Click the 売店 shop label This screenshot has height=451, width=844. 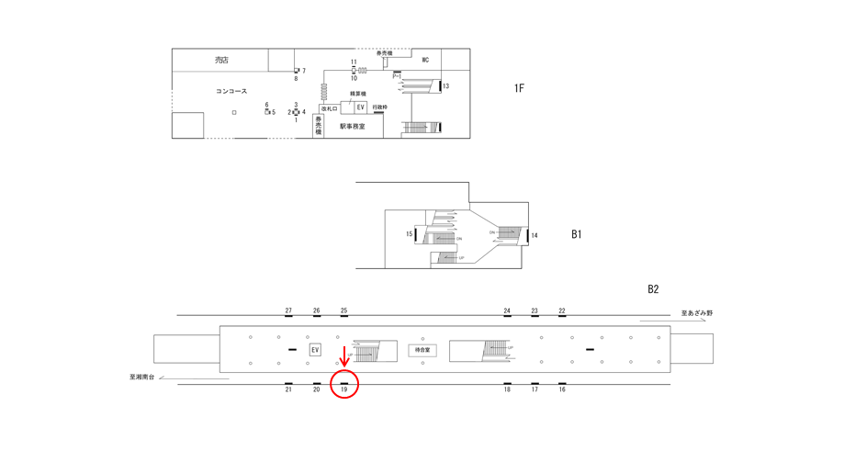221,61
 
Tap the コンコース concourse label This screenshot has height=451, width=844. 231,92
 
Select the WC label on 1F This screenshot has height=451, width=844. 425,61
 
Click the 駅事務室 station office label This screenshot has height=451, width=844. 352,127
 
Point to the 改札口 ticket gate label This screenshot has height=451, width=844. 329,108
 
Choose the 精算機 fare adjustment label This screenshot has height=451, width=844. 358,95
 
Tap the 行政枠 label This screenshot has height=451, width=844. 379,107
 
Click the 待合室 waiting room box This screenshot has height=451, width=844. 422,350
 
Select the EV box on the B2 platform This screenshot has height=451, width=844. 315,350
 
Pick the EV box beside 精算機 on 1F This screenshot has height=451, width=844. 360,107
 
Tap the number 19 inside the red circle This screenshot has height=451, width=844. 344,389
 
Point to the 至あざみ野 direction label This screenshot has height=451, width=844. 697,313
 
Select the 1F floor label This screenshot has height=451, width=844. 519,88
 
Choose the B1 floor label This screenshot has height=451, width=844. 576,234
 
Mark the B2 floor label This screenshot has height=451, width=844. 653,289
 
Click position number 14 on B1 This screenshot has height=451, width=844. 535,236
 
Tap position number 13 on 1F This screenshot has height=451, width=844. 446,87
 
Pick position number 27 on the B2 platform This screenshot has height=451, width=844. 288,310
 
